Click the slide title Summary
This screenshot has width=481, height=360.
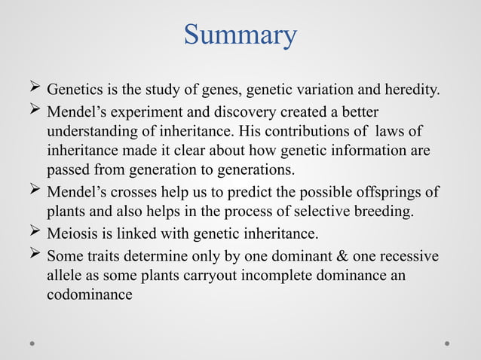click(240, 35)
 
